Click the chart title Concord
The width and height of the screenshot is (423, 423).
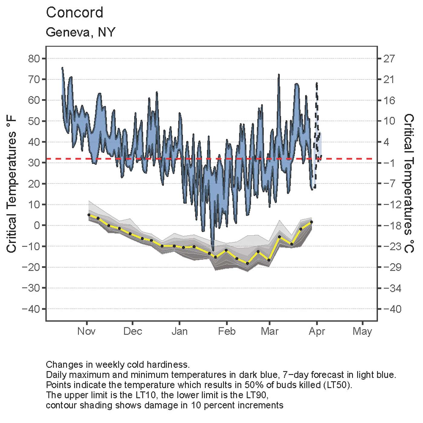click(x=74, y=13)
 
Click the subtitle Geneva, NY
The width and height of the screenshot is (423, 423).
click(x=80, y=32)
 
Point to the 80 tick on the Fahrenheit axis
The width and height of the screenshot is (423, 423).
click(x=34, y=59)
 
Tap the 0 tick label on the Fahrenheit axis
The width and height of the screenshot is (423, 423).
click(x=37, y=225)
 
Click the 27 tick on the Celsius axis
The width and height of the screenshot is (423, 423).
click(x=389, y=59)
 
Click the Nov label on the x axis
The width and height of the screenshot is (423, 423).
click(x=86, y=331)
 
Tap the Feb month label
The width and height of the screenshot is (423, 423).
click(x=227, y=331)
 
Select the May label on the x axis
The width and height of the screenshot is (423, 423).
click(x=362, y=331)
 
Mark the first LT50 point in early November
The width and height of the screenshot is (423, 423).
click(x=89, y=215)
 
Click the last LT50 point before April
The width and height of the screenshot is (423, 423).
click(x=312, y=222)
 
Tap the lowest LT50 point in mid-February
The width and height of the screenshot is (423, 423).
click(x=247, y=263)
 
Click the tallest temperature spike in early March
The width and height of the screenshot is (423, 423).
click(x=279, y=74)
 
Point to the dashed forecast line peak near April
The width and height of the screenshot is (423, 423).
click(x=317, y=83)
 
